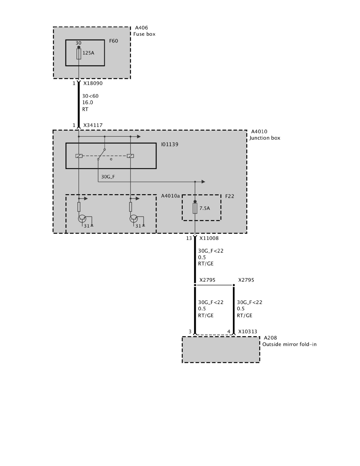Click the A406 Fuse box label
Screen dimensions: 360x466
(x=144, y=31)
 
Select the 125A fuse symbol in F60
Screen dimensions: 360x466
(x=79, y=54)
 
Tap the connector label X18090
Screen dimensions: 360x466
(x=93, y=83)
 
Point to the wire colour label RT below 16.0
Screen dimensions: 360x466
(x=85, y=109)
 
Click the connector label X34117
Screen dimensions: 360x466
(x=93, y=125)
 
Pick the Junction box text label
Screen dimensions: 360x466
(x=265, y=138)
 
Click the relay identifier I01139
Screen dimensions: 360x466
(x=169, y=144)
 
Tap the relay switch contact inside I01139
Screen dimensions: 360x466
(x=101, y=154)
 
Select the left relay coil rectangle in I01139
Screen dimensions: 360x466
(x=79, y=156)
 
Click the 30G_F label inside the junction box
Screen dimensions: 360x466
(x=108, y=177)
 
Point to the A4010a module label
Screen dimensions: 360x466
(x=171, y=196)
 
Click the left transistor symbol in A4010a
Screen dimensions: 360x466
(x=82, y=219)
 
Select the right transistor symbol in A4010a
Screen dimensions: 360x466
(x=134, y=219)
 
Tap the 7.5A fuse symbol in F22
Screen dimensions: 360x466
(x=195, y=208)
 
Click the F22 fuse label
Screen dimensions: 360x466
(x=229, y=196)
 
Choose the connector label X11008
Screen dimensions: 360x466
(x=209, y=238)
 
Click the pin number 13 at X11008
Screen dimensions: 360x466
(x=189, y=238)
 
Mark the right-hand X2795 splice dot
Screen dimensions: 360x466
(x=234, y=285)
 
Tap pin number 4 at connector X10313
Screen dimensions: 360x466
(x=229, y=331)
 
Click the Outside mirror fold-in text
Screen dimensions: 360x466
(x=289, y=344)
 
